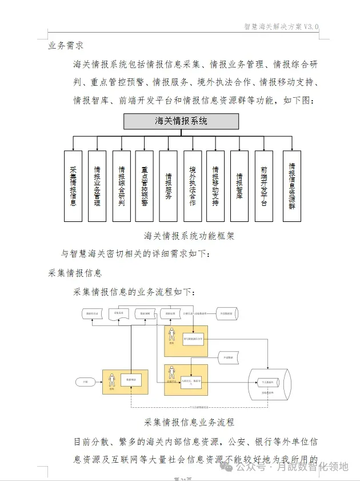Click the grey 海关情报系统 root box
[181, 122]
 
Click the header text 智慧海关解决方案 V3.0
[281, 26]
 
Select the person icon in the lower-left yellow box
[111, 382]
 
